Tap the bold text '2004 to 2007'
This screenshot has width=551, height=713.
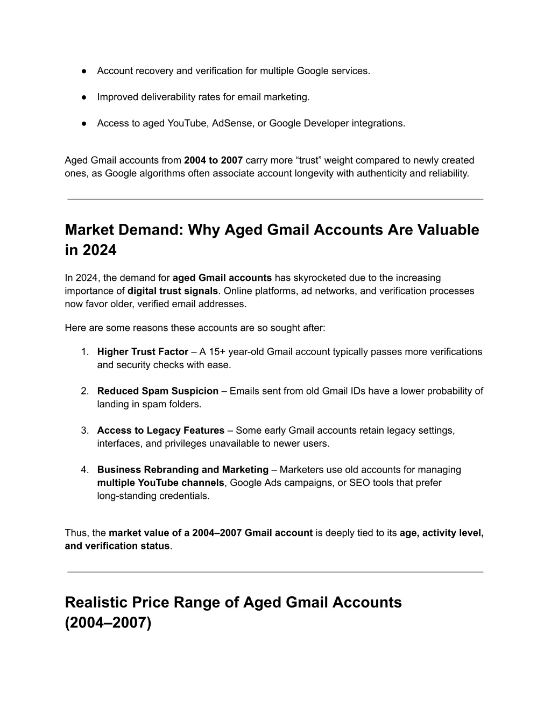[213, 160]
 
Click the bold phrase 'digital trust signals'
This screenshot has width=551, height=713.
[172, 291]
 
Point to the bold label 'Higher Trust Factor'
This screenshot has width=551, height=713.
[143, 352]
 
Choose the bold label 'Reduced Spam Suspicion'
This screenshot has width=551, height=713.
[158, 391]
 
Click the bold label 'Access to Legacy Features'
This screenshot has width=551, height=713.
[160, 430]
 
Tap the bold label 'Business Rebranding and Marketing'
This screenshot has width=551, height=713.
[182, 470]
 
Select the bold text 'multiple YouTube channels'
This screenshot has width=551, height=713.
[160, 483]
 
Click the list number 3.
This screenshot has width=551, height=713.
[84, 430]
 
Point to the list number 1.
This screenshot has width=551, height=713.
[84, 352]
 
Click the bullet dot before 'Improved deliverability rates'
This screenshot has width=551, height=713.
[84, 97]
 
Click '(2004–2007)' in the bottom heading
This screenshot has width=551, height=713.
[108, 623]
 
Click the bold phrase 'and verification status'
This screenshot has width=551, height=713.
[117, 546]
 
